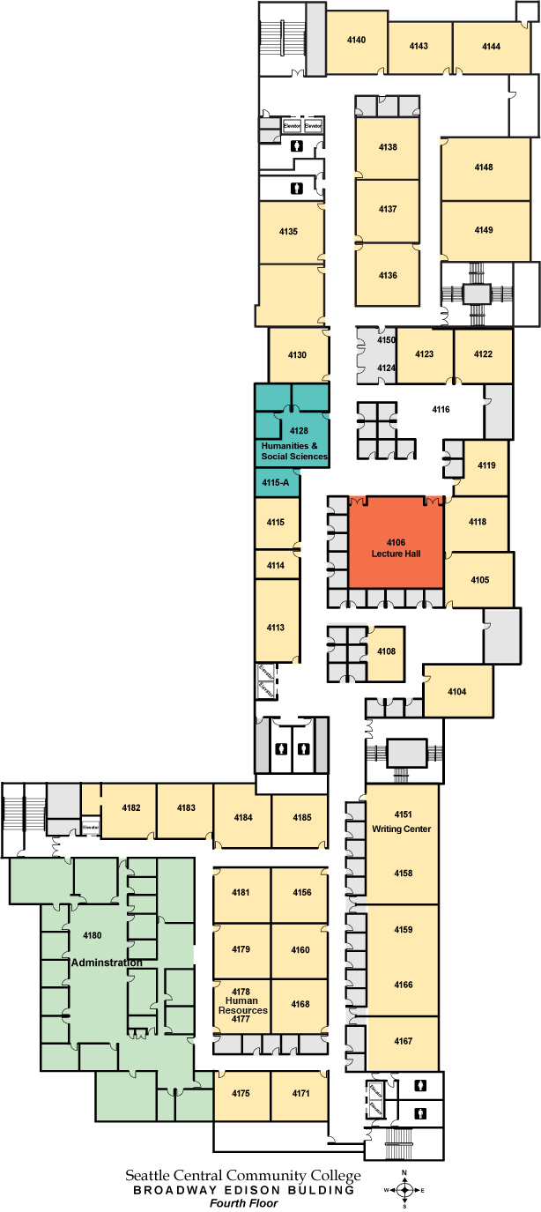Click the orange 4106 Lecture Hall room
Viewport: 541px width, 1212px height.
[396, 547]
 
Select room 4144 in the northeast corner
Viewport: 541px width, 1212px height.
[492, 46]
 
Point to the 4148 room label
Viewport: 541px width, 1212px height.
[484, 167]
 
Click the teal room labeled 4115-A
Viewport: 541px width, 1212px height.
[278, 482]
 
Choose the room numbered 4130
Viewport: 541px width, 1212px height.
[298, 354]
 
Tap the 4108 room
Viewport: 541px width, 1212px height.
[387, 651]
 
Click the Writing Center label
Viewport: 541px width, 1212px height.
[403, 829]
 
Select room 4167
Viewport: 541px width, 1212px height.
[403, 1042]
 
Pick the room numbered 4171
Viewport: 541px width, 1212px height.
[301, 1093]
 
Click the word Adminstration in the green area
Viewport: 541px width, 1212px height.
[106, 963]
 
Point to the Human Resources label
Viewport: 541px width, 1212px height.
[242, 1005]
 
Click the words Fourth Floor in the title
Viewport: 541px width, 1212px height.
[243, 1202]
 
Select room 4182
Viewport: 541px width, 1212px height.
[131, 807]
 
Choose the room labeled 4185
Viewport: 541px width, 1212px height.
[301, 817]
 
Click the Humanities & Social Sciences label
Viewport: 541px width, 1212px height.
[294, 451]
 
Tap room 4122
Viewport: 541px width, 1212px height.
[483, 353]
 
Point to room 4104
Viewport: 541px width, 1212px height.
[456, 691]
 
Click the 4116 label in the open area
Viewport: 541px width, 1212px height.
[441, 409]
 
